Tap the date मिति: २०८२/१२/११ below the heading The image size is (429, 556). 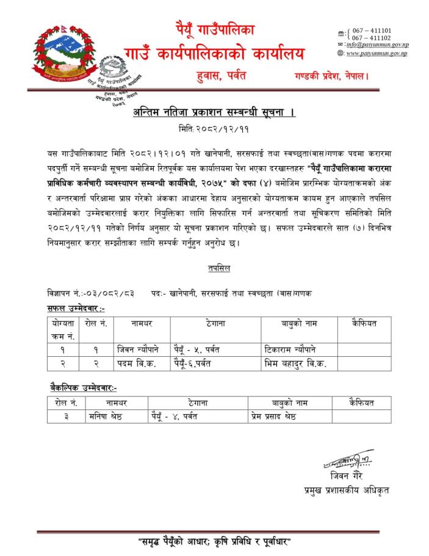pyautogui.click(x=214, y=130)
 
